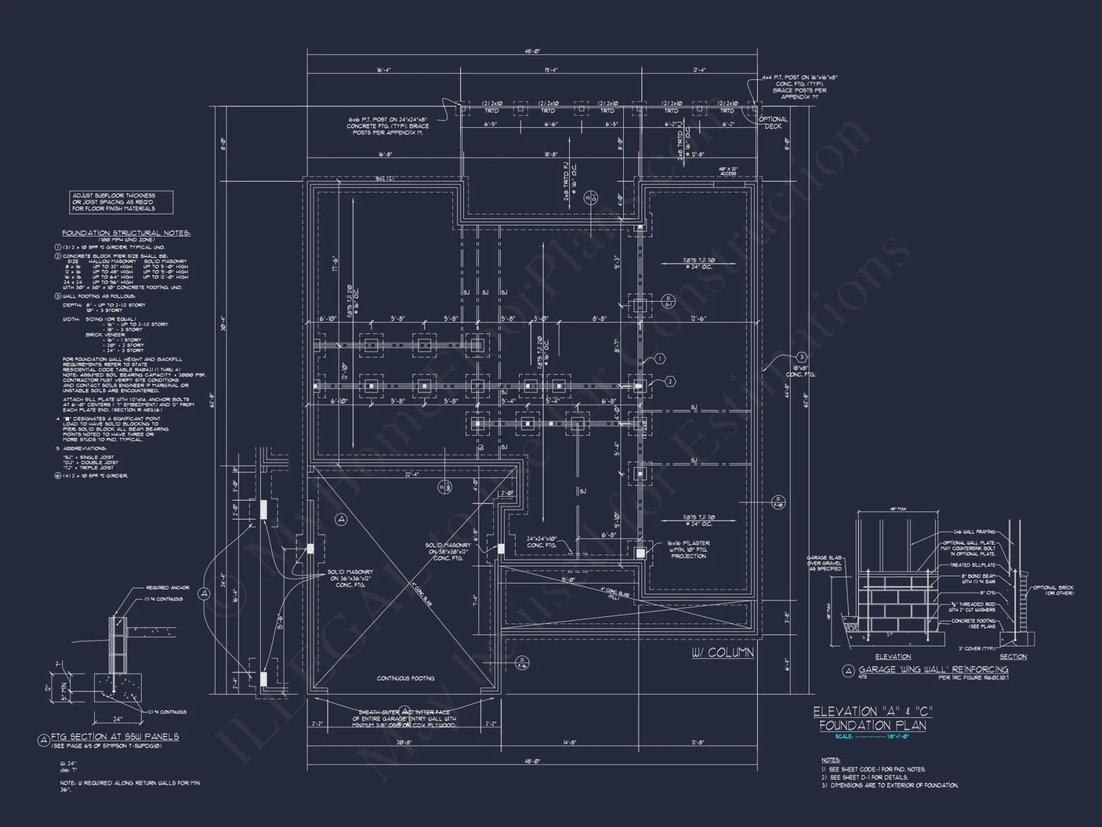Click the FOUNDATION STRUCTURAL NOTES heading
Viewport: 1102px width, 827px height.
coord(126,233)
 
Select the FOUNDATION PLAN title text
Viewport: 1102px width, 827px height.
coord(872,726)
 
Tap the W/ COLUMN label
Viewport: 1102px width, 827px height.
coord(722,653)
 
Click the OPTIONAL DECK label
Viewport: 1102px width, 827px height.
coord(773,122)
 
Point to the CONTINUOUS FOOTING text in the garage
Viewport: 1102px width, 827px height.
coord(406,678)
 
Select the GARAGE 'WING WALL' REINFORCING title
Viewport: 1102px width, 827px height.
coord(933,669)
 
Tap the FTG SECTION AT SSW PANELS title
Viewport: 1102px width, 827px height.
coord(115,737)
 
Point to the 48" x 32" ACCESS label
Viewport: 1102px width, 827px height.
coord(728,171)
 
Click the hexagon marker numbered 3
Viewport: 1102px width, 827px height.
coord(802,357)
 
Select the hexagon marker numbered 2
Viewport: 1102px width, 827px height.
coord(670,382)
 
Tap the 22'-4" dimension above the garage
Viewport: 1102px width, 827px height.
coord(412,475)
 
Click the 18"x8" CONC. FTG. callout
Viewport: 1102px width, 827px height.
coord(800,371)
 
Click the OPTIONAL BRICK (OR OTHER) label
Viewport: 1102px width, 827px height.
coord(1053,590)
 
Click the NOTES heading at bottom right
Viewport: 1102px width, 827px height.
coord(830,760)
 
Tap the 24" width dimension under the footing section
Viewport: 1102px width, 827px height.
coord(117,719)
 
